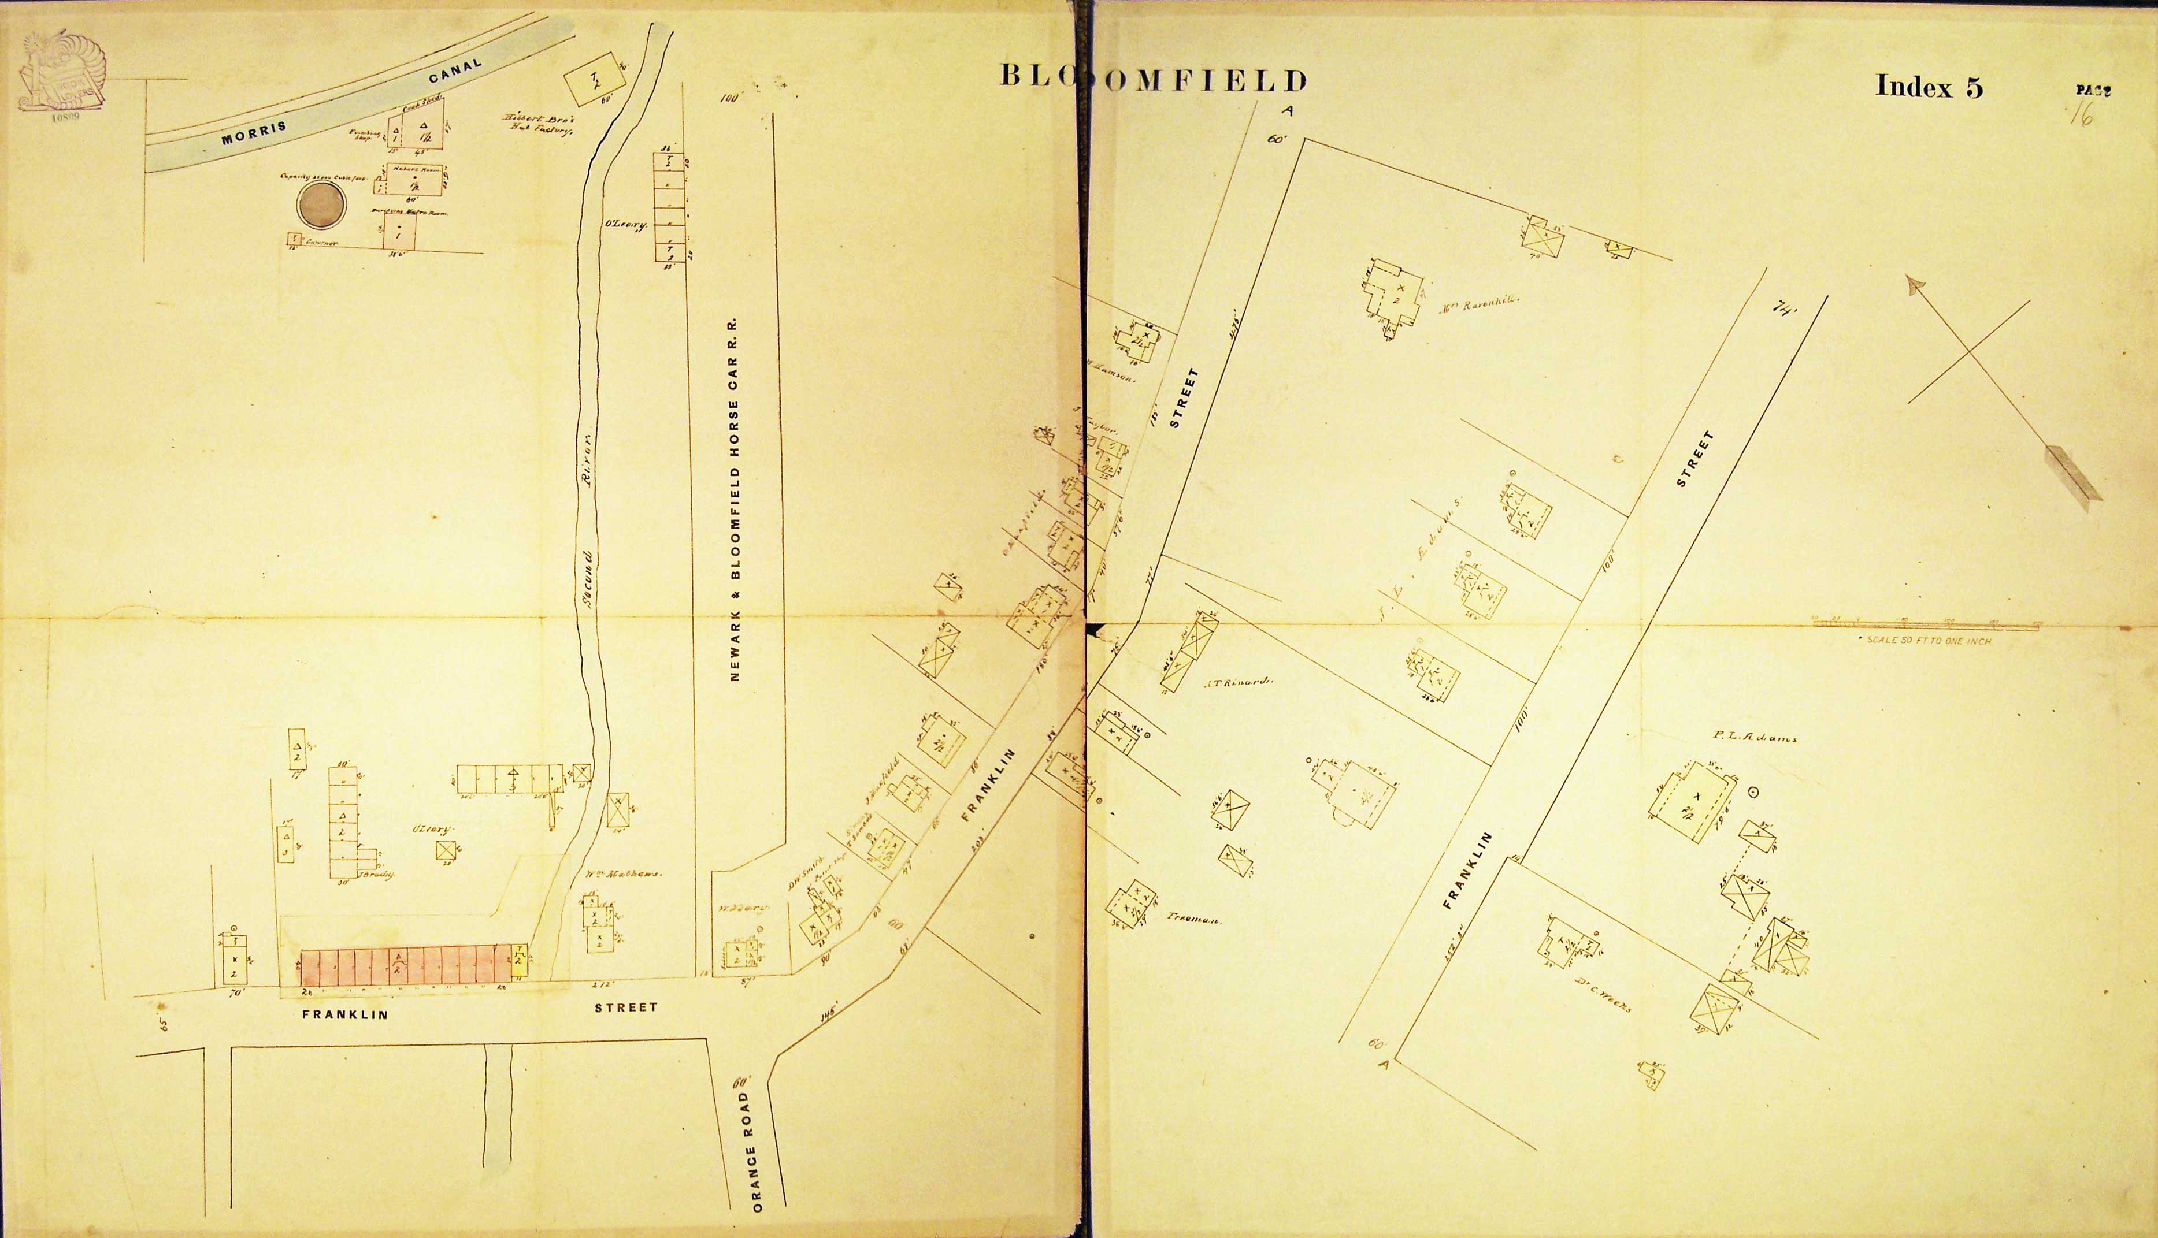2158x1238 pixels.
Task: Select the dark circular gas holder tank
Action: click(321, 207)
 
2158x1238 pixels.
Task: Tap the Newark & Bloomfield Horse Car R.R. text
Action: click(735, 501)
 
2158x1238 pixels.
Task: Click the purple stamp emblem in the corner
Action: click(60, 76)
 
